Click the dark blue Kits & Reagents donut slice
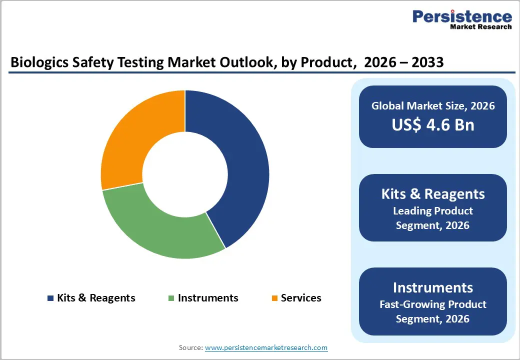[240, 165]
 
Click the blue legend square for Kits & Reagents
[50, 298]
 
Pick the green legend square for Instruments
[171, 298]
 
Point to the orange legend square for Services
[274, 298]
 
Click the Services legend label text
[301, 298]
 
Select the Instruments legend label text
[208, 298]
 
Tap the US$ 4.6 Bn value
[433, 124]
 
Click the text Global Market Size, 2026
[433, 105]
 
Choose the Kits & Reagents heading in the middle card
[433, 194]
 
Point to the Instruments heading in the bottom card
[433, 287]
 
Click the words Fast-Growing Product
[433, 304]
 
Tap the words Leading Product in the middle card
[433, 210]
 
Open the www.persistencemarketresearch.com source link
[266, 347]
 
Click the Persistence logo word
[462, 16]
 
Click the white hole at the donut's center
[185, 175]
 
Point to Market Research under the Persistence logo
[480, 26]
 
